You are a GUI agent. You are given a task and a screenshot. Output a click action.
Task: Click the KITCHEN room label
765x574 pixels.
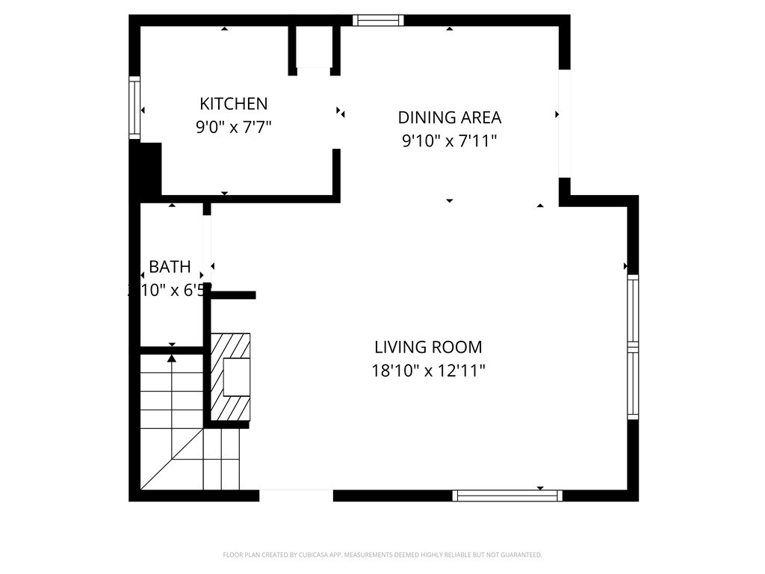tap(233, 104)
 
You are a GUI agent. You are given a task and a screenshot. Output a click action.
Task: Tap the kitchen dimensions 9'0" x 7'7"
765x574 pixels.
tap(233, 127)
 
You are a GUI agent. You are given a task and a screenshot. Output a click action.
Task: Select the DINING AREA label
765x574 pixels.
tap(449, 117)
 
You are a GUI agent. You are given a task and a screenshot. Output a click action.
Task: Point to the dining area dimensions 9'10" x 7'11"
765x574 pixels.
tap(449, 141)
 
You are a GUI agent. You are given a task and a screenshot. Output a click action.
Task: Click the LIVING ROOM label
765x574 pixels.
tap(428, 347)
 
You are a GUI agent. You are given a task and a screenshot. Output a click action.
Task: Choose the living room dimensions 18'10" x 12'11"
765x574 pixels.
tap(428, 370)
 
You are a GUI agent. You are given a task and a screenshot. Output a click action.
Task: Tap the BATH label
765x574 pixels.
tap(170, 267)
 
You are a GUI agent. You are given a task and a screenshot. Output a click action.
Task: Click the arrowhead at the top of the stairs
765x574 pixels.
tap(172, 358)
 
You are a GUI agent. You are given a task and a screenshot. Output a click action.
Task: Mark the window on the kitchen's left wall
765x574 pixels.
tap(134, 108)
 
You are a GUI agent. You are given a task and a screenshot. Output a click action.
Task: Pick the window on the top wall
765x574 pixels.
tap(378, 20)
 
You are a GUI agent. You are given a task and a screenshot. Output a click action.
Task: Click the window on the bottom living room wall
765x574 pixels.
tap(507, 495)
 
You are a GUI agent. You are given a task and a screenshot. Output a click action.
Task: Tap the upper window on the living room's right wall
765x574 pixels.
tap(633, 308)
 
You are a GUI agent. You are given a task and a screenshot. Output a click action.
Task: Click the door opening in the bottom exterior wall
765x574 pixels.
tap(296, 495)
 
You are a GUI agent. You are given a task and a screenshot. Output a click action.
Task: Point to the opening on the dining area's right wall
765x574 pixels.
tap(565, 123)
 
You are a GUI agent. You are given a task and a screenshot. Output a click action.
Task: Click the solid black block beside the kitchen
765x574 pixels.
tap(149, 169)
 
